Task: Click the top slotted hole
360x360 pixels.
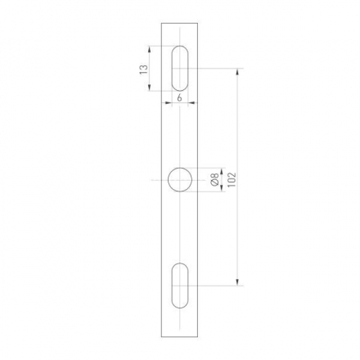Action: click(180, 70)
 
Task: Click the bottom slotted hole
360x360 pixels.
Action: click(180, 285)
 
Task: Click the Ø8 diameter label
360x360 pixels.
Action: click(214, 180)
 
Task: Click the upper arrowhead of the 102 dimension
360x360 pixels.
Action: click(237, 74)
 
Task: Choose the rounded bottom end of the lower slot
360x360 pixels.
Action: click(180, 305)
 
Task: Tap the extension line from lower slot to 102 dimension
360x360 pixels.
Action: click(217, 285)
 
